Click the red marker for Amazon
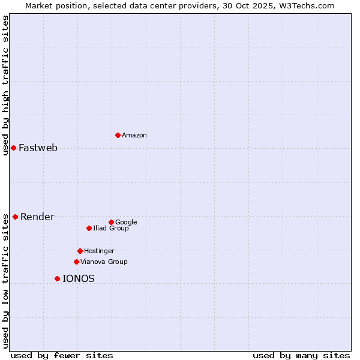(118, 135)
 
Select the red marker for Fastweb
(13, 148)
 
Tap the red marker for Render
(15, 217)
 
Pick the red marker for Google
(111, 222)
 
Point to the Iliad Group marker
(89, 228)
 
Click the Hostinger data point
(80, 251)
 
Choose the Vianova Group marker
(76, 262)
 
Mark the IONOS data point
(57, 278)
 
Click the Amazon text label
(134, 136)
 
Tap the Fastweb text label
(38, 148)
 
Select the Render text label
(37, 217)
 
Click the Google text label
(126, 223)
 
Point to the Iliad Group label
(110, 229)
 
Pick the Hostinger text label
(99, 251)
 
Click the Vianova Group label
(104, 262)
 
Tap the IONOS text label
(78, 279)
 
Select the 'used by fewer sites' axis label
(62, 355)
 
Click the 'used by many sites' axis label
(301, 355)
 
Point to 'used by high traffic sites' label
(5, 85)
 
